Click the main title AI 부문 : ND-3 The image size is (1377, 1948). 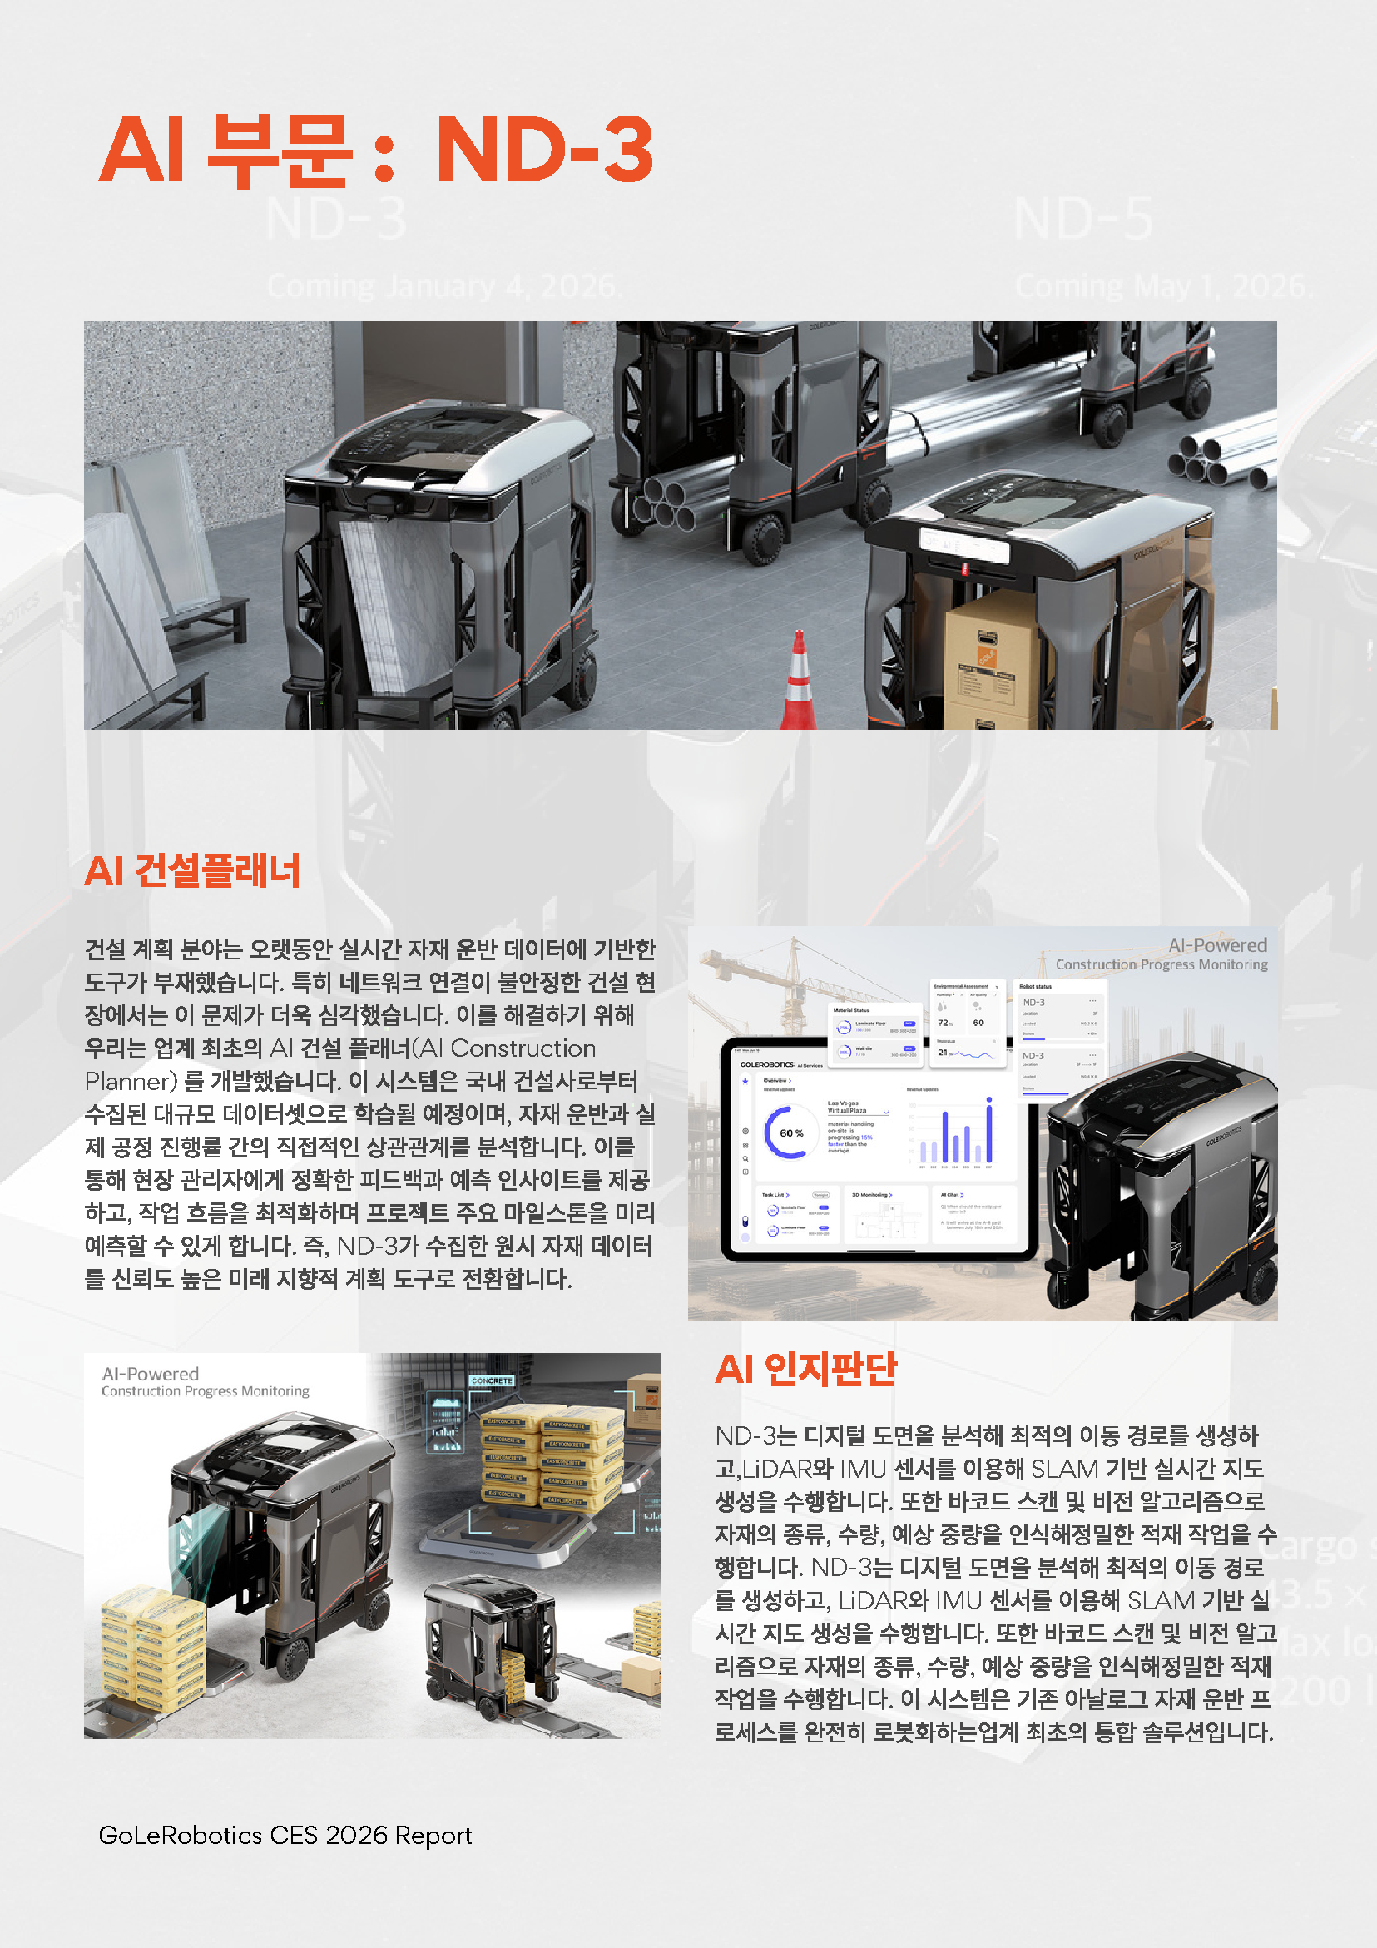pyautogui.click(x=376, y=150)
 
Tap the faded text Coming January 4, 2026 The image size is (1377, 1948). pyautogui.click(x=444, y=287)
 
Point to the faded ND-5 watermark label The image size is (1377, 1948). pyautogui.click(x=1083, y=219)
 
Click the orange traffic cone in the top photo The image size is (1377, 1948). pyautogui.click(x=798, y=684)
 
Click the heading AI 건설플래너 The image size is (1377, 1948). pyautogui.click(x=192, y=871)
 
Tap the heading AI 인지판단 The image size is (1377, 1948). pyautogui.click(x=805, y=1369)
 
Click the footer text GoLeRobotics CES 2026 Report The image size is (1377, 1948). pyautogui.click(x=285, y=1835)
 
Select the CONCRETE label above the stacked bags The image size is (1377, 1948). pyautogui.click(x=491, y=1381)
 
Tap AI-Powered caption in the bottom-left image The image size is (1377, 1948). pyautogui.click(x=150, y=1374)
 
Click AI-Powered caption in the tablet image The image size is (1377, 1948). pyautogui.click(x=1216, y=945)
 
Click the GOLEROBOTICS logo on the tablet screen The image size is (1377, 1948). pyautogui.click(x=767, y=1064)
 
